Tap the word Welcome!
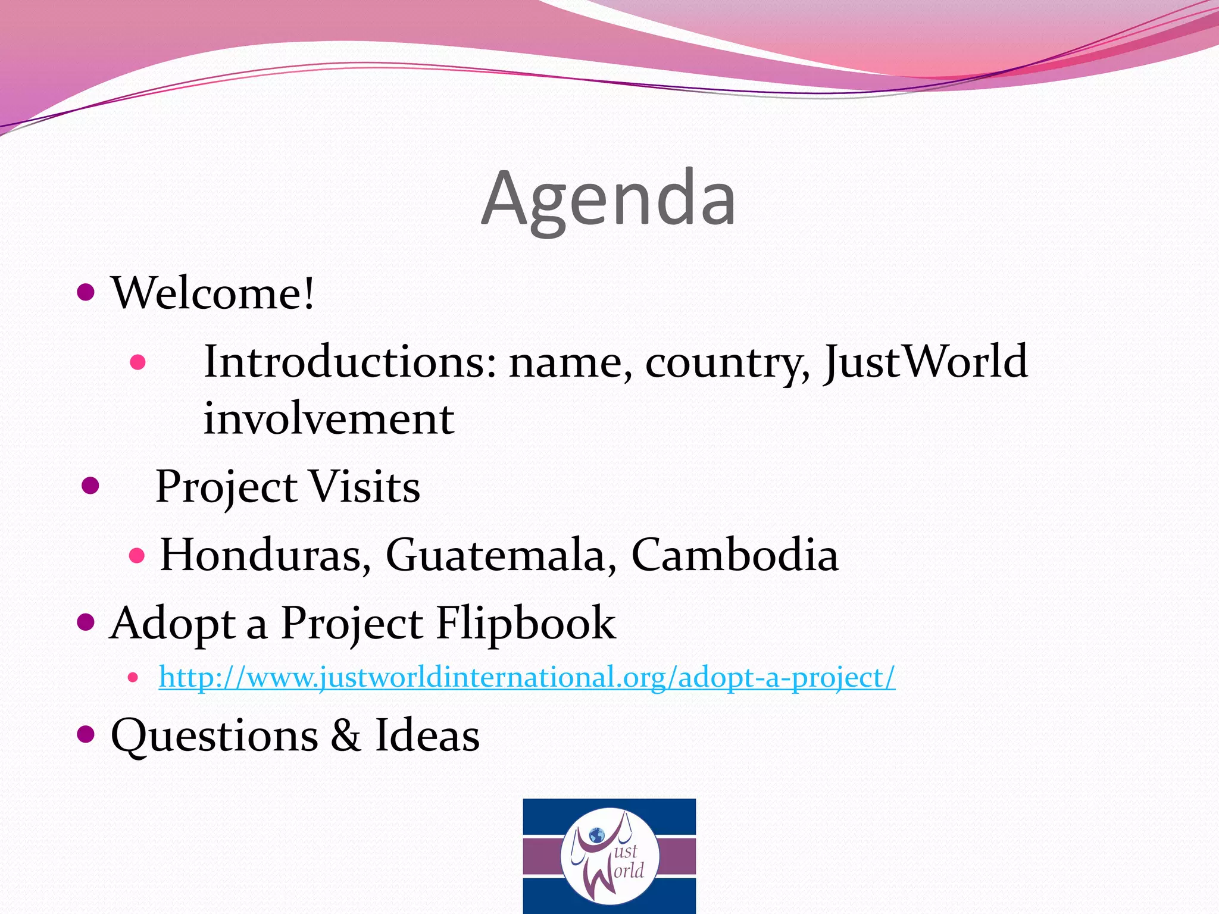tap(212, 293)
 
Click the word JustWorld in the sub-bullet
tap(926, 361)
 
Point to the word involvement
tap(329, 418)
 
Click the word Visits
tap(365, 486)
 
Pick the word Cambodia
tap(734, 555)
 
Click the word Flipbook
tap(526, 622)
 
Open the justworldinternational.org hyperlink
tap(527, 677)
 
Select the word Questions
tap(214, 735)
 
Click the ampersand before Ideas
tap(346, 735)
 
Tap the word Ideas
tap(427, 735)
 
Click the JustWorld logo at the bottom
tap(609, 856)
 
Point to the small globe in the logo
tap(596, 835)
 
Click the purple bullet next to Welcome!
tap(86, 292)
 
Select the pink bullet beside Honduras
tap(137, 556)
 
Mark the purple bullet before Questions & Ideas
tap(86, 734)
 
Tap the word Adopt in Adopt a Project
tap(173, 622)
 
